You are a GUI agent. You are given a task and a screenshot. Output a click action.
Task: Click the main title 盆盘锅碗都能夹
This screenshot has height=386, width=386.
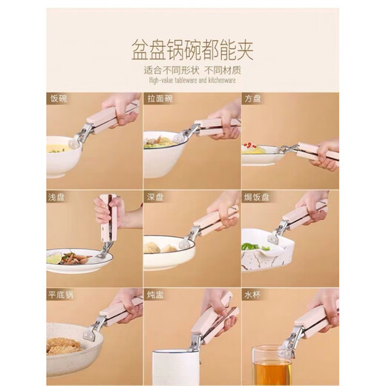(x=193, y=51)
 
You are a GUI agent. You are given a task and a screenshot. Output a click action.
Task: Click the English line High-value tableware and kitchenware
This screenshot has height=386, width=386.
(x=192, y=79)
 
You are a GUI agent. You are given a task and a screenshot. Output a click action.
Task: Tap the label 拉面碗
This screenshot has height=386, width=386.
(x=157, y=98)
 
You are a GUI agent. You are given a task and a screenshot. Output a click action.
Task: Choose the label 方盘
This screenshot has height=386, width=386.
(x=252, y=98)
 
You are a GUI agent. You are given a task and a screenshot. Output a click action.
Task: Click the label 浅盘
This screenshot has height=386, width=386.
(x=56, y=196)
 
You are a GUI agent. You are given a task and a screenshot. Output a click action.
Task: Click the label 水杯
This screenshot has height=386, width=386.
(x=252, y=294)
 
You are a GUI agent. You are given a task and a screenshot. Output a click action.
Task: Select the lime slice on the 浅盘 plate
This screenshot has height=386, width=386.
(x=54, y=259)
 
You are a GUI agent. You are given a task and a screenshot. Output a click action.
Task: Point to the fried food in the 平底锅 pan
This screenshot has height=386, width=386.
(x=65, y=346)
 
